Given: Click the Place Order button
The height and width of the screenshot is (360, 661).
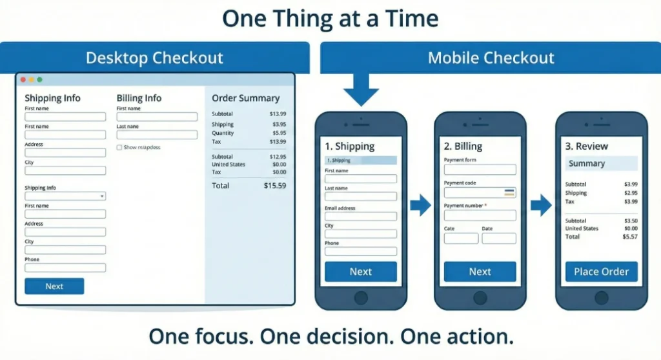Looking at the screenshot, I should pos(601,272).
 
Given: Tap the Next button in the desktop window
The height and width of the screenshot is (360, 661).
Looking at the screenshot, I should pos(54,286).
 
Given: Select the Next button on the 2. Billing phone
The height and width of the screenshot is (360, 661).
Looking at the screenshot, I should pos(480,272).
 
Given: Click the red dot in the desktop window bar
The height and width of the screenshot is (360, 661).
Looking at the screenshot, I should pos(23,79).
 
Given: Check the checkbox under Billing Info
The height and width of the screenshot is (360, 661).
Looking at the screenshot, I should pos(119,148).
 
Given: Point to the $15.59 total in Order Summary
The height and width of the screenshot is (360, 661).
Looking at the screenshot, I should pos(274,186).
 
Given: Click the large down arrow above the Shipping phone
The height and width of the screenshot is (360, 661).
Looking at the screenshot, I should pos(361,90).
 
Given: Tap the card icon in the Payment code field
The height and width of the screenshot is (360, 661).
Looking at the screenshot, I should pos(509,192).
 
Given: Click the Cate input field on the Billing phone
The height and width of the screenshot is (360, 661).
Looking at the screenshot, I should pos(461,239).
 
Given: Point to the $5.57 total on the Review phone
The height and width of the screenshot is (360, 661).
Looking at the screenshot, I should pos(629,237).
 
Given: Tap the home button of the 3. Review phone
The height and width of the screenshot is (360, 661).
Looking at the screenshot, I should pos(601,297).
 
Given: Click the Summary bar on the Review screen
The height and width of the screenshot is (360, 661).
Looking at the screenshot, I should pos(601,164).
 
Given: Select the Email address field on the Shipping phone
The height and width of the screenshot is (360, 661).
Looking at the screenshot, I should pos(360,217).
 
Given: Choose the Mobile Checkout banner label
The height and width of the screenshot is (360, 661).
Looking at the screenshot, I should pos(491,58).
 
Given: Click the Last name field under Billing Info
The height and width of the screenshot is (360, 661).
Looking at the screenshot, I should pos(157,135).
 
